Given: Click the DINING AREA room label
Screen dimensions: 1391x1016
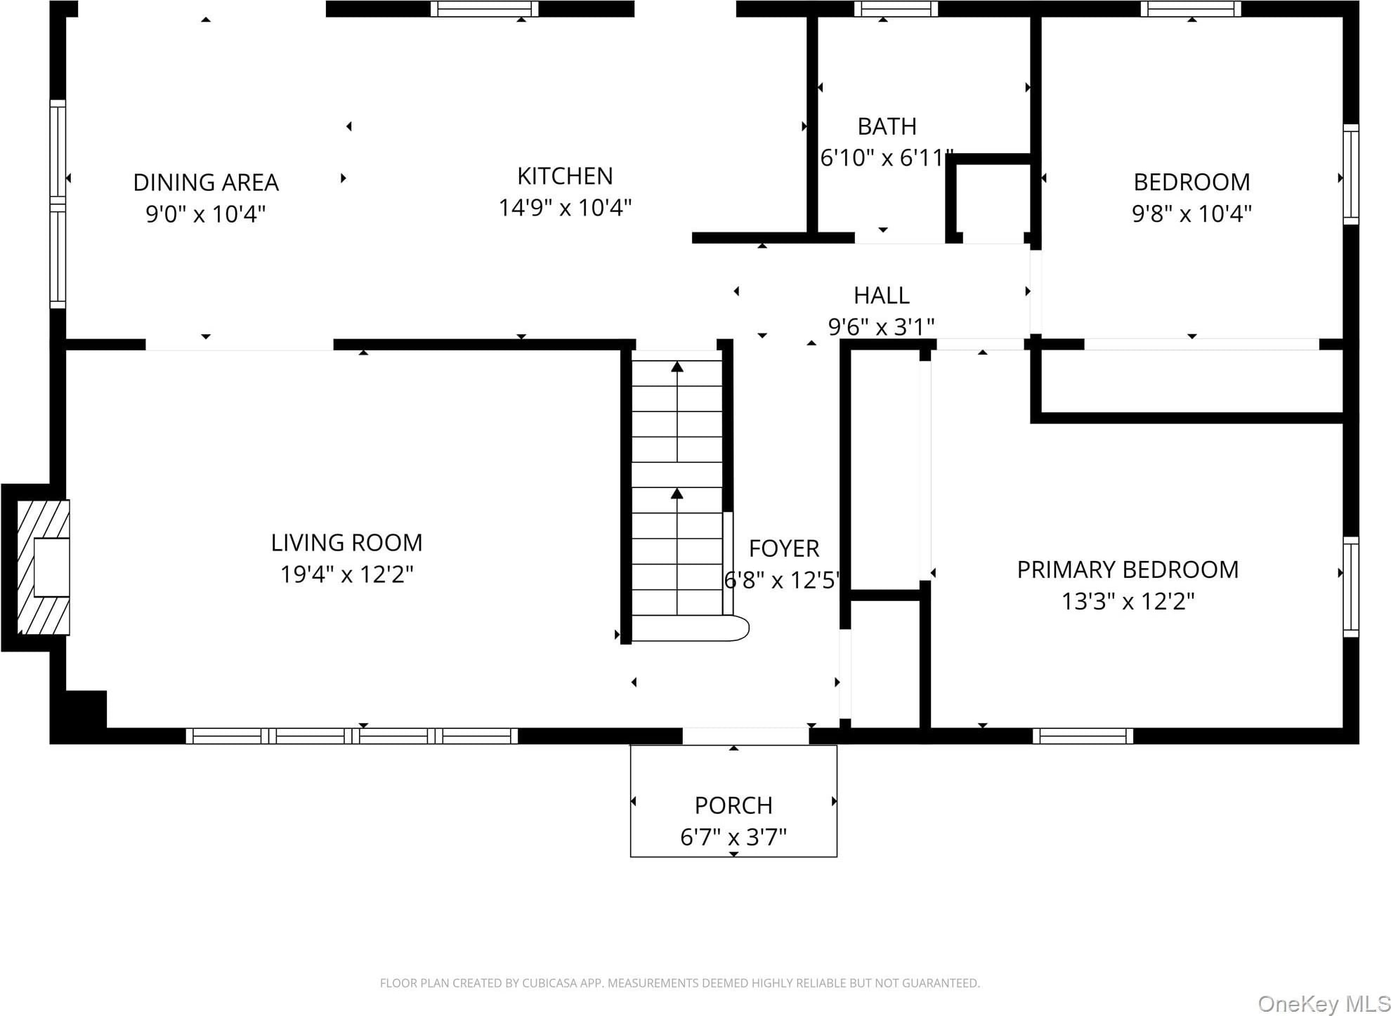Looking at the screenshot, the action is pyautogui.click(x=206, y=183).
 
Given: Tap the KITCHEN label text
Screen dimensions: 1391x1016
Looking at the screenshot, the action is pyautogui.click(x=565, y=176).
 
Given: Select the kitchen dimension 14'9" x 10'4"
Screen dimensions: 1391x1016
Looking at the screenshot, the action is pyautogui.click(x=565, y=208).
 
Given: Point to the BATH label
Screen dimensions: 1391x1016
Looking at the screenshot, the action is pyautogui.click(x=887, y=126).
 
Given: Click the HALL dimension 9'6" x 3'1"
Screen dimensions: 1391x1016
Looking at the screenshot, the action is pyautogui.click(x=881, y=326).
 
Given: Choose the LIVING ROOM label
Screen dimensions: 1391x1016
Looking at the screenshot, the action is pyautogui.click(x=346, y=543).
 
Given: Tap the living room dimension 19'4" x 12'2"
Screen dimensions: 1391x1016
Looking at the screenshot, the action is pyautogui.click(x=346, y=574).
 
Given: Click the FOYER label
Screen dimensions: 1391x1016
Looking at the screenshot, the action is pyautogui.click(x=784, y=548).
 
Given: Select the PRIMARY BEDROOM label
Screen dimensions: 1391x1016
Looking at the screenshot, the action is pyautogui.click(x=1128, y=569).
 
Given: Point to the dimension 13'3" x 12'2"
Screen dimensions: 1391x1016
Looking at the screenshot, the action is pyautogui.click(x=1128, y=602).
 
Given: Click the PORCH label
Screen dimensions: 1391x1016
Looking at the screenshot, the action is pyautogui.click(x=733, y=805).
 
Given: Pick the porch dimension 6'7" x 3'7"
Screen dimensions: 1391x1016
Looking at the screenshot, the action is pyautogui.click(x=733, y=837).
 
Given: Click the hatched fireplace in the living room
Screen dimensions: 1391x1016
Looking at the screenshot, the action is pyautogui.click(x=43, y=567).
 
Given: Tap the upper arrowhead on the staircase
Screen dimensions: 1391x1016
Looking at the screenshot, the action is pyautogui.click(x=677, y=367).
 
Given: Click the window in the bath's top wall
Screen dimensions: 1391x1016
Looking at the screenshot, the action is pyautogui.click(x=896, y=8).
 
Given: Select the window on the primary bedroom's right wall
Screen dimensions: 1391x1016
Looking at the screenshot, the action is pyautogui.click(x=1351, y=587).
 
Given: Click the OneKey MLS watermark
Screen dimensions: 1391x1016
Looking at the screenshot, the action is pyautogui.click(x=1324, y=1004).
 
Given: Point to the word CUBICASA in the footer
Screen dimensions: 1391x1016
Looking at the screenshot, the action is pyautogui.click(x=549, y=984).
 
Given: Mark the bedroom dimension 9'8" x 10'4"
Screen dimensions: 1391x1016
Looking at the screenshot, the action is pyautogui.click(x=1191, y=213).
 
